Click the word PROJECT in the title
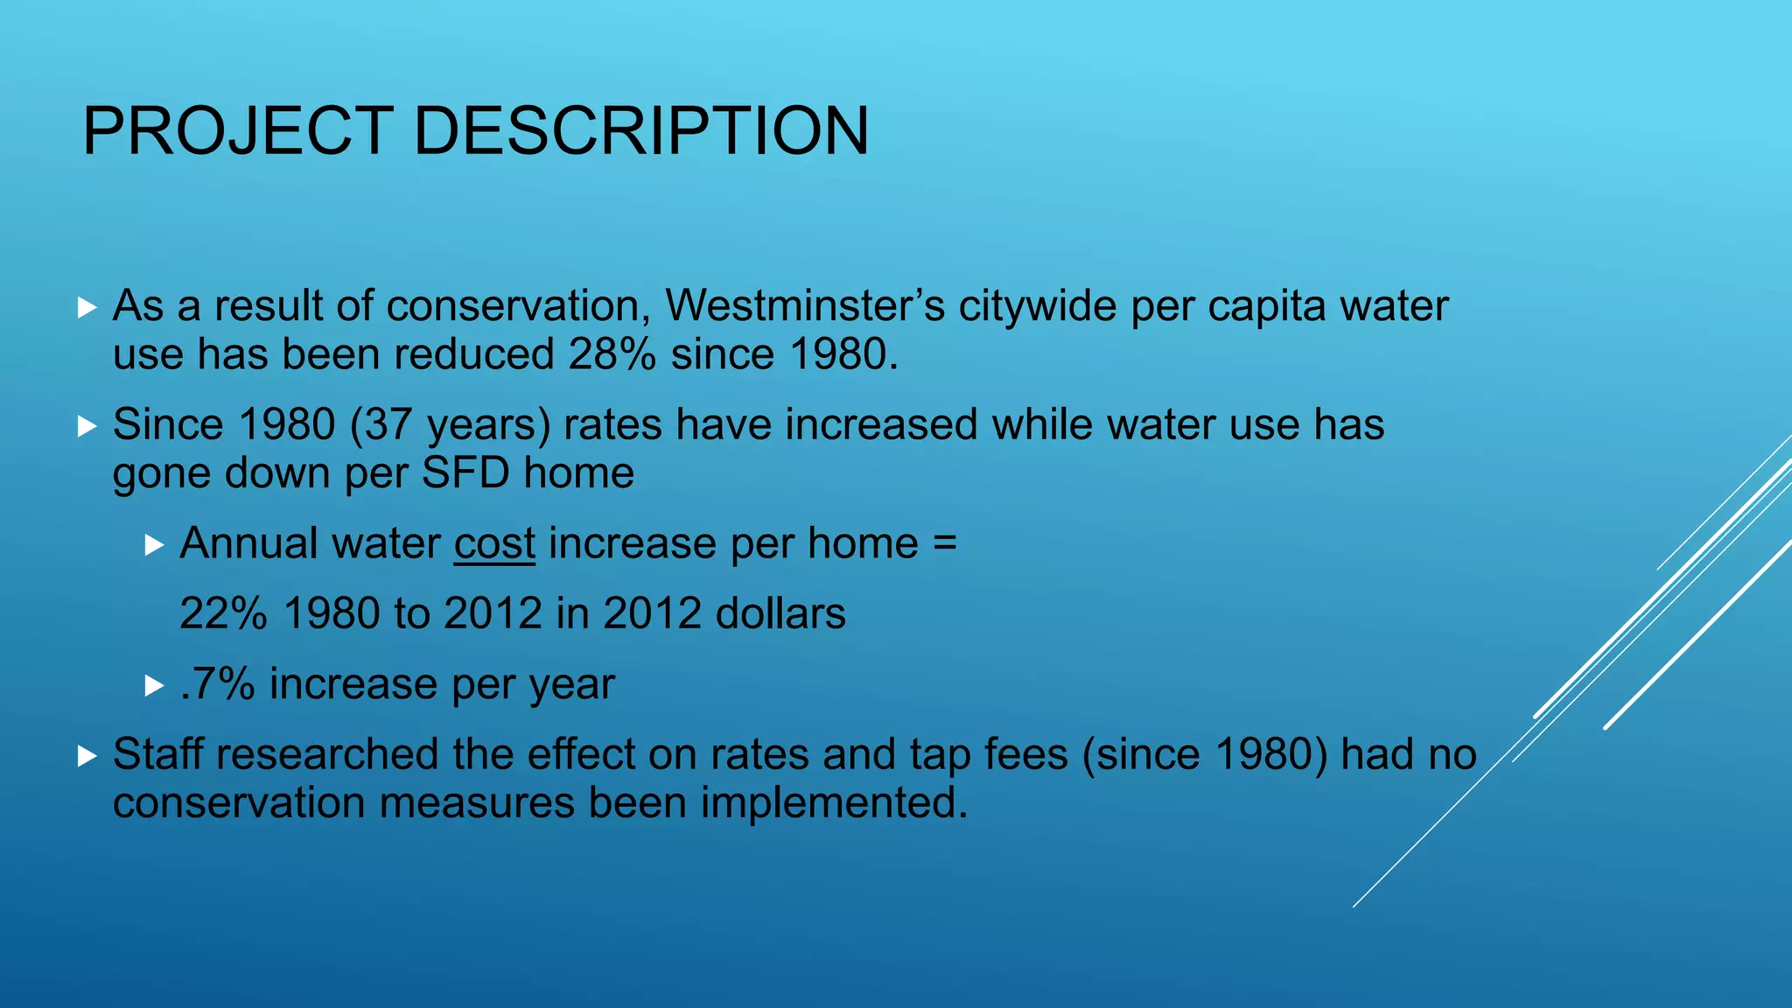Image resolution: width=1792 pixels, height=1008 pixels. (x=237, y=131)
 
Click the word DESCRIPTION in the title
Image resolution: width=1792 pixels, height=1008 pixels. (x=640, y=131)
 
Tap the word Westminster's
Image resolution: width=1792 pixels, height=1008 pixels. (x=805, y=306)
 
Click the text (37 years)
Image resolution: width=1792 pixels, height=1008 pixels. (x=450, y=425)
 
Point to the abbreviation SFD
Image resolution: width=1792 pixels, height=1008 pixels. (x=465, y=473)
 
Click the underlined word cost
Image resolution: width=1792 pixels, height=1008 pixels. (x=494, y=544)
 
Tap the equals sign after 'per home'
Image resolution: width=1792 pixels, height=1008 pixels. (x=945, y=544)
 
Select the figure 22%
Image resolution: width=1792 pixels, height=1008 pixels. (x=223, y=613)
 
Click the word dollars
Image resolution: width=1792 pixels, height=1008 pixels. (x=780, y=613)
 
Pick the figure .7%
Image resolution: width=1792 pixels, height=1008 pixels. (x=217, y=684)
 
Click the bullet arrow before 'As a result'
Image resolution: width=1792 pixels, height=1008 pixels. (x=86, y=307)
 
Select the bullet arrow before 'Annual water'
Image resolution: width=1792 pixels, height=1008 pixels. (x=154, y=546)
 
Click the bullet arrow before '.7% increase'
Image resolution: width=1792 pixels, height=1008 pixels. (x=154, y=686)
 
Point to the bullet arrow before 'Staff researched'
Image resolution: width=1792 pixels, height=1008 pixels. (x=86, y=756)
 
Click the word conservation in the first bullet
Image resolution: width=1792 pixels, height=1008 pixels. (x=513, y=306)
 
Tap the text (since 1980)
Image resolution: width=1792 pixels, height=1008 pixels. (x=1206, y=754)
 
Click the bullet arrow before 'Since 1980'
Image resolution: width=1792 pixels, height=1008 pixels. (x=86, y=426)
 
